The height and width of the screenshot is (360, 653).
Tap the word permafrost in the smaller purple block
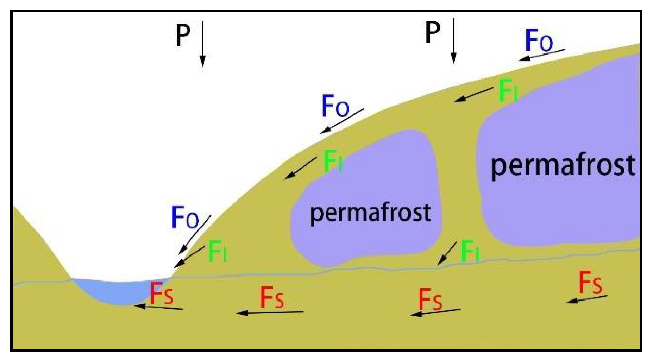coord(370,213)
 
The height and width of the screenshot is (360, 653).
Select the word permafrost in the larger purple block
coord(563,165)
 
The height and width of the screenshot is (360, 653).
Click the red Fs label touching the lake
coord(162,294)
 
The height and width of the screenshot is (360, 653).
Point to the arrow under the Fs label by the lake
coord(158,308)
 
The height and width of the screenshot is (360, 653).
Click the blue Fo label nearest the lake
coord(185,218)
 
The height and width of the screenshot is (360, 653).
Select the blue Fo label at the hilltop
coord(539,40)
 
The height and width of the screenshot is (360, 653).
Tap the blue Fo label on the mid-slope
coord(335,106)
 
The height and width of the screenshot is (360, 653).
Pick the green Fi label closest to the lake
coord(218,251)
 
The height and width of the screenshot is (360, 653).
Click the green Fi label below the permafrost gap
coord(470,251)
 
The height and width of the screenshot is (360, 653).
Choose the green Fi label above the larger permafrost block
coord(508,90)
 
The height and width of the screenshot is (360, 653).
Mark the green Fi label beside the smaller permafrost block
coord(332,161)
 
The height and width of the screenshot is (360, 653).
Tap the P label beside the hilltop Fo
coord(433,32)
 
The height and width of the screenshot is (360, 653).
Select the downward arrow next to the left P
coord(202,44)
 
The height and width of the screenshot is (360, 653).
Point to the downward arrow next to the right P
coord(454,41)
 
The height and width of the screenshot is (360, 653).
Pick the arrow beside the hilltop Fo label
coord(541,55)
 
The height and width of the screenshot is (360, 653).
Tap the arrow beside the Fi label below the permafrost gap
coord(447,253)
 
